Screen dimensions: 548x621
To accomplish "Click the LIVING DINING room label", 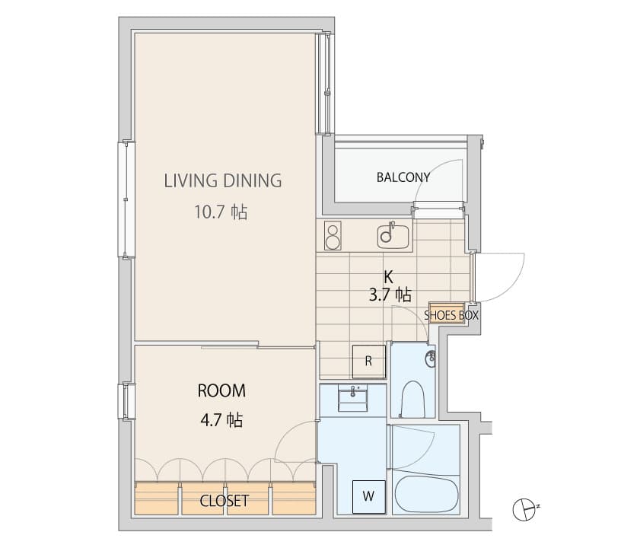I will (x=223, y=180).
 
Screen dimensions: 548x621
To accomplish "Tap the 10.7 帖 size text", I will (x=220, y=212).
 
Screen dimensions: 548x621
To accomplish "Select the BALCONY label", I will (x=403, y=177).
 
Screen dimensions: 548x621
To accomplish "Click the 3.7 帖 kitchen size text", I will (x=390, y=295).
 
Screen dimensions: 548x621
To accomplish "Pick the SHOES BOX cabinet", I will (x=447, y=313).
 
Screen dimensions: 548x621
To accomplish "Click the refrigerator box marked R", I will (x=368, y=362).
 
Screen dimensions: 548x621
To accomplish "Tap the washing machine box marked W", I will (x=368, y=497).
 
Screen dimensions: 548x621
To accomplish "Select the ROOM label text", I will (x=221, y=390).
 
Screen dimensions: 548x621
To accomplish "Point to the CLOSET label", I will (x=224, y=501).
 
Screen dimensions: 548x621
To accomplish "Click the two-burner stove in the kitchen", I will (x=333, y=235).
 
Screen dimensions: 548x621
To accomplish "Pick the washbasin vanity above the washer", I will (x=352, y=398).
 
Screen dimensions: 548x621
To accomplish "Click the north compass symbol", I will (x=524, y=508).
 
